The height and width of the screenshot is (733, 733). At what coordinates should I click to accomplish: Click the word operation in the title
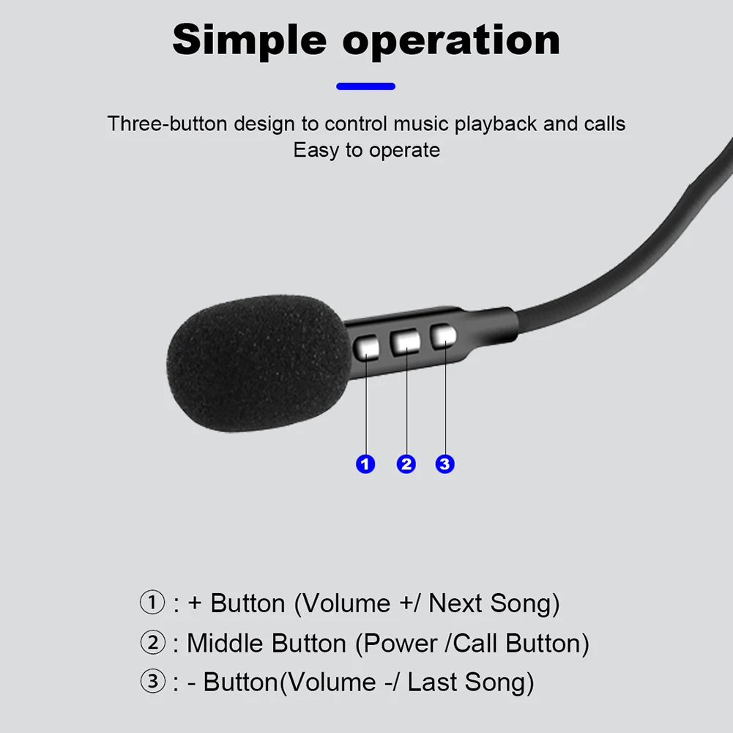point(451,41)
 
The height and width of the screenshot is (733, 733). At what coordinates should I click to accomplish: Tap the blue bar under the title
point(365,86)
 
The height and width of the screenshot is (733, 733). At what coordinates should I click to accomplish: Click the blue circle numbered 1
point(365,464)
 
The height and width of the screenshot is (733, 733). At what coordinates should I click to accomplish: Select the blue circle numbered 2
point(406,464)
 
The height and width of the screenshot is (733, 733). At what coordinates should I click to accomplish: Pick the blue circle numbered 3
point(445,464)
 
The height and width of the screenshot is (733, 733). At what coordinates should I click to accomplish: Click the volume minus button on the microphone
point(443,337)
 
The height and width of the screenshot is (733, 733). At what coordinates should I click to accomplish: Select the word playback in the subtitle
point(496,123)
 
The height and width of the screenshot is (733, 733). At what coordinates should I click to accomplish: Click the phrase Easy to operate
point(366,150)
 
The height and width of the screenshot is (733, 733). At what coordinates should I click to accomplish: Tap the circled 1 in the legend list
point(152,603)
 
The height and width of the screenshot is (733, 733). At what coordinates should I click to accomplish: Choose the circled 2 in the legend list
point(152,643)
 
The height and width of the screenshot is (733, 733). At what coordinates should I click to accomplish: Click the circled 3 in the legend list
point(152,682)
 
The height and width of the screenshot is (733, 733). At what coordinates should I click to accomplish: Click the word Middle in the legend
point(225,643)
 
